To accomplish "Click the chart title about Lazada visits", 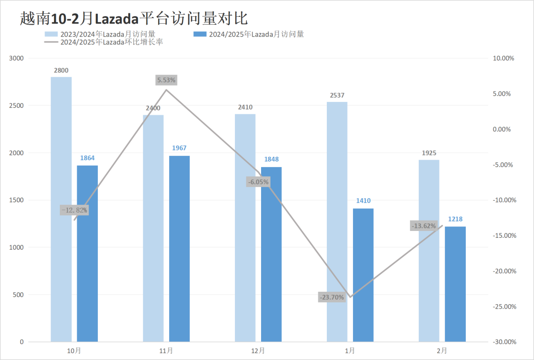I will [133, 18].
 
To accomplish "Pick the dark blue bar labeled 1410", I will [363, 275].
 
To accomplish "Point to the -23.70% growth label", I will [331, 297].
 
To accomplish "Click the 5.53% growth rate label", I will [166, 80].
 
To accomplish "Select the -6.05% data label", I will [258, 182].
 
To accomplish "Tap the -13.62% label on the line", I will [423, 226].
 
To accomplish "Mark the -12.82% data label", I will [74, 210].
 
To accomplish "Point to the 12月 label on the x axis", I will [258, 351].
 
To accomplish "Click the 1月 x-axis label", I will [350, 351].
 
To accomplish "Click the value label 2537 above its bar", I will [337, 95].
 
